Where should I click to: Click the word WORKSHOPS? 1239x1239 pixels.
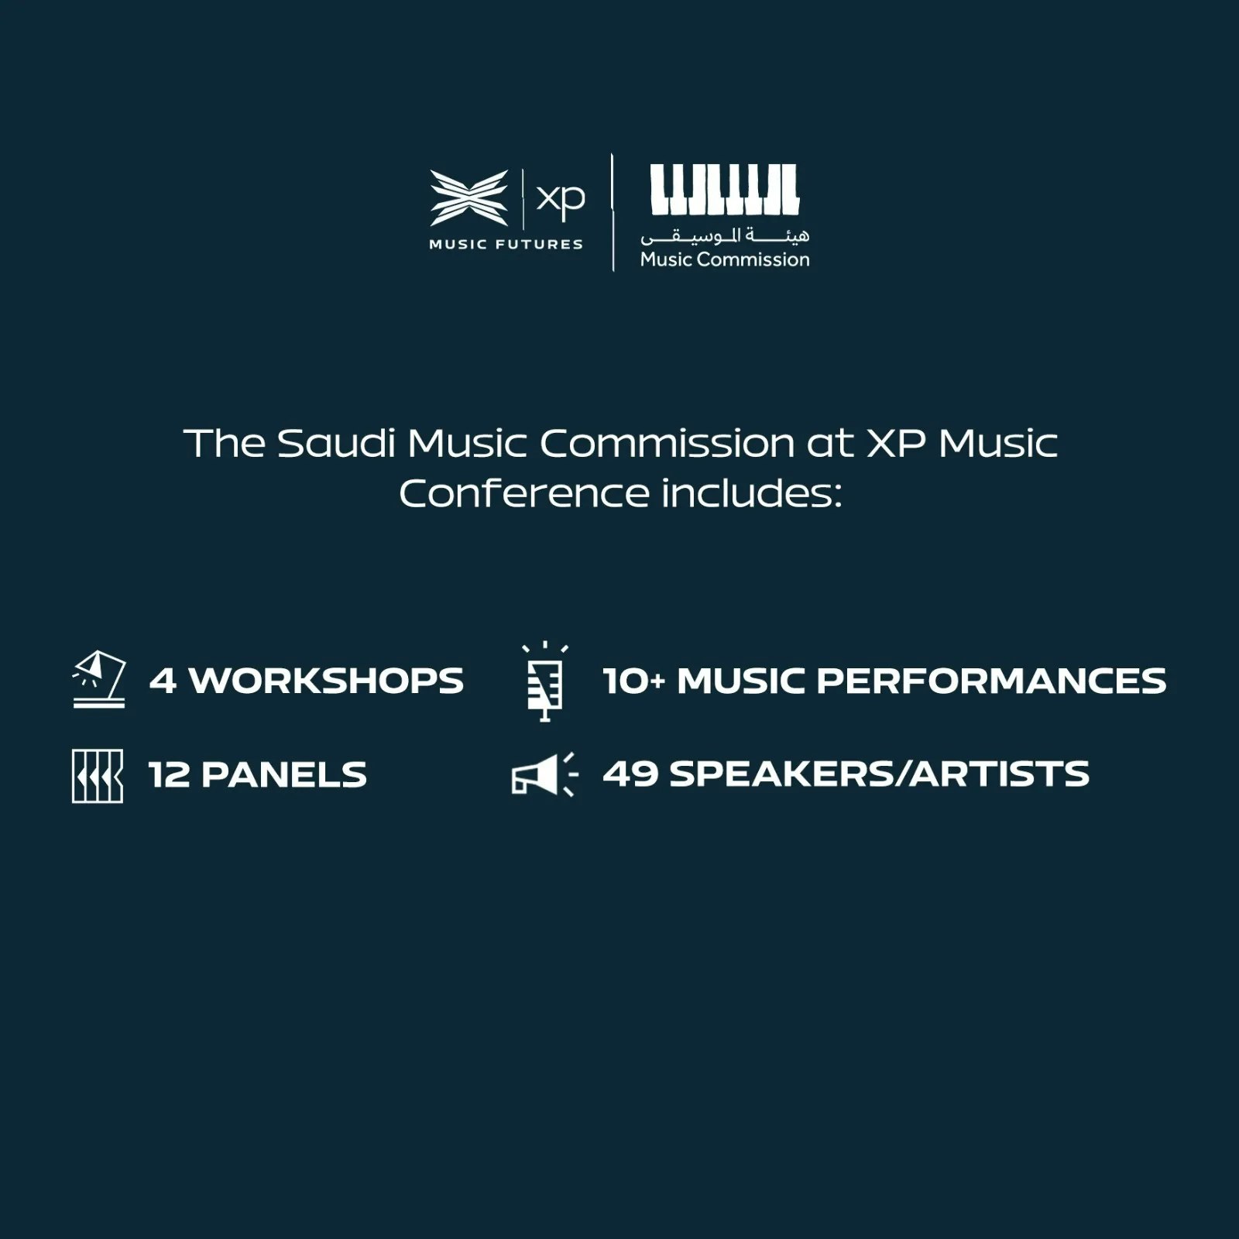click(x=326, y=681)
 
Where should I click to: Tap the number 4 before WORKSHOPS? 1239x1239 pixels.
click(x=163, y=681)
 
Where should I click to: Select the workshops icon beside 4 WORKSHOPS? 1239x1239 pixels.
click(x=98, y=679)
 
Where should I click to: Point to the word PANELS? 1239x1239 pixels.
click(x=284, y=774)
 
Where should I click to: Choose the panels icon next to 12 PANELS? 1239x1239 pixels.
click(x=98, y=775)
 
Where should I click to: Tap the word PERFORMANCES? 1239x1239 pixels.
click(x=991, y=681)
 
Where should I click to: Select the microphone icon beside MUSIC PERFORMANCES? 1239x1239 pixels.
click(x=545, y=681)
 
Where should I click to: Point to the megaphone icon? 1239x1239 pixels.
click(x=544, y=774)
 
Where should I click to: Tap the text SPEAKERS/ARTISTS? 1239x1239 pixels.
click(x=880, y=774)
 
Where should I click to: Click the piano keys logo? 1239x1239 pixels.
click(x=724, y=189)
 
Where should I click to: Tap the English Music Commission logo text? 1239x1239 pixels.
click(x=725, y=259)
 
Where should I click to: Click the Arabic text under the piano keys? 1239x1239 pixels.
click(x=725, y=235)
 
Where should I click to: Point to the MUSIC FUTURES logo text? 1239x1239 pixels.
click(x=506, y=245)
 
